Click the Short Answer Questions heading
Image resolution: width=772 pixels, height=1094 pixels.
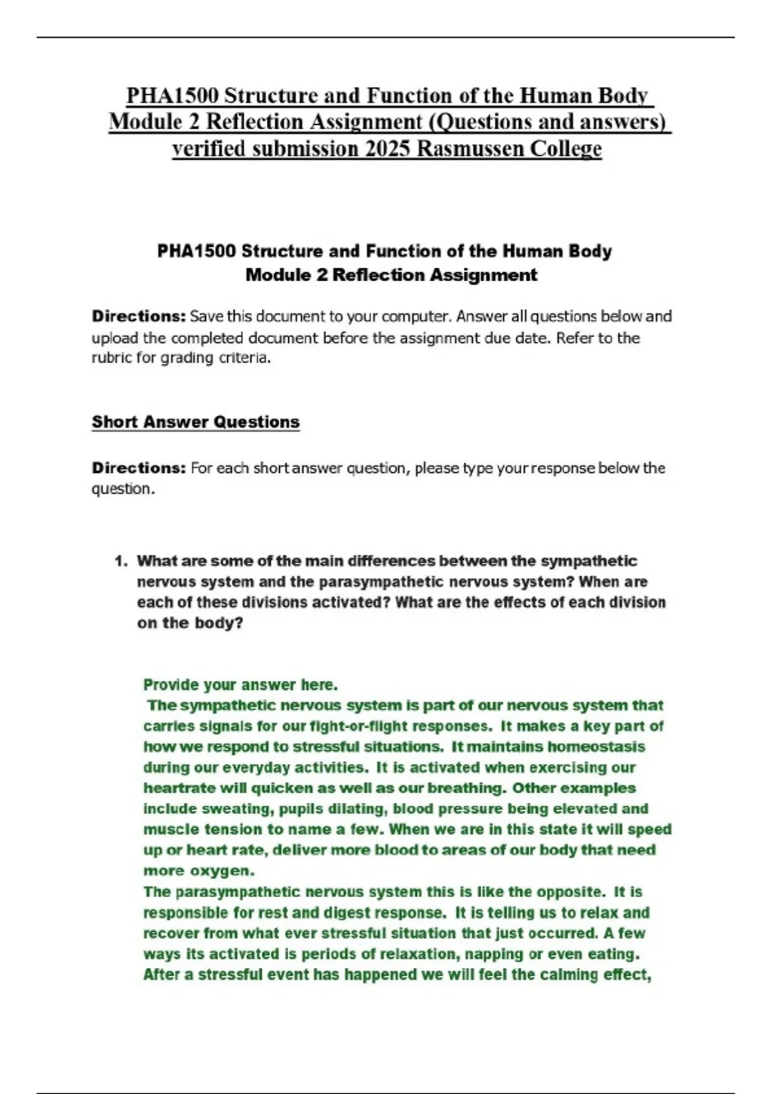point(196,422)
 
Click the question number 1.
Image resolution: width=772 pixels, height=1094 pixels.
point(120,561)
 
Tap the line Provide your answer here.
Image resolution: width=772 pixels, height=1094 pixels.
point(241,685)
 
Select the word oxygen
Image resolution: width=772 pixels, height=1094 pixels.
point(221,871)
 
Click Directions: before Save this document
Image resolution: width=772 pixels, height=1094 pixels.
point(138,317)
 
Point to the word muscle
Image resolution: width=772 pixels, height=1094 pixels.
point(170,829)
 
